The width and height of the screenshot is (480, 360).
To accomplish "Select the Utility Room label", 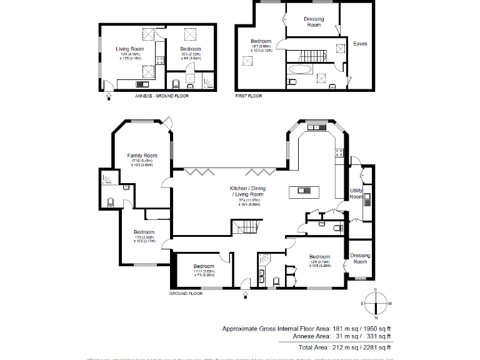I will [x=356, y=194].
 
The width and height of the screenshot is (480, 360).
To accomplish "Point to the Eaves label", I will [x=359, y=44].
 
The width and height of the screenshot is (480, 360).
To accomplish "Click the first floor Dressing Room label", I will [x=314, y=22].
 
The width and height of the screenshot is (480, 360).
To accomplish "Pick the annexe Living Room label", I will [x=130, y=49].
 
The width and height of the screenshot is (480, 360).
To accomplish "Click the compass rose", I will [x=376, y=302].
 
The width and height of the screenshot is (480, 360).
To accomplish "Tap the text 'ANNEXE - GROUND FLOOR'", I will [x=161, y=96].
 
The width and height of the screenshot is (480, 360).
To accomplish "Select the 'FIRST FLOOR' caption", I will [x=249, y=96].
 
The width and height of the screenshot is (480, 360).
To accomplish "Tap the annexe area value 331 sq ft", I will [x=378, y=336].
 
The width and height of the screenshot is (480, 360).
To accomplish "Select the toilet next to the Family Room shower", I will [x=111, y=201].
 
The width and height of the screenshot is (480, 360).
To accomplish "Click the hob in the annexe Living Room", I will [x=159, y=61].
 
